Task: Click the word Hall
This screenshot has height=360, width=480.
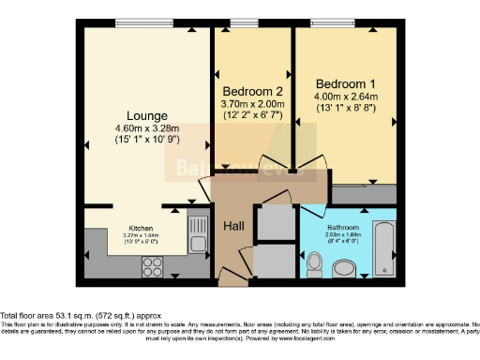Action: pos(233,227)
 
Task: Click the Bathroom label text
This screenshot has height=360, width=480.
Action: pos(343,227)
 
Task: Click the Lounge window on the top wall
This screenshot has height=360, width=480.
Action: pos(143,23)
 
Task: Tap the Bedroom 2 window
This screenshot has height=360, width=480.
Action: pos(246,23)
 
